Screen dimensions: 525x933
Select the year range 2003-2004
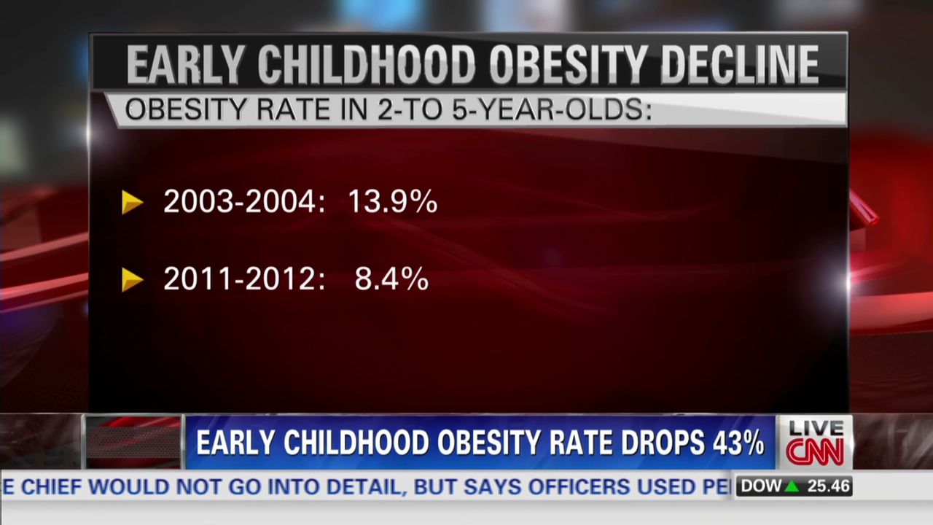coord(243,202)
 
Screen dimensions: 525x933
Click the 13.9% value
coord(392,202)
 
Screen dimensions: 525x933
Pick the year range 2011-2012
coord(243,279)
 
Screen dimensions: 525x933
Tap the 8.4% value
coord(391,279)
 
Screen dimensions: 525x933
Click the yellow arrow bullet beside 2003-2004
coord(132,203)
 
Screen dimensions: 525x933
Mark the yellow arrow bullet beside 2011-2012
coord(132,279)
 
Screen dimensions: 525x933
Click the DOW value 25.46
coord(829,486)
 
